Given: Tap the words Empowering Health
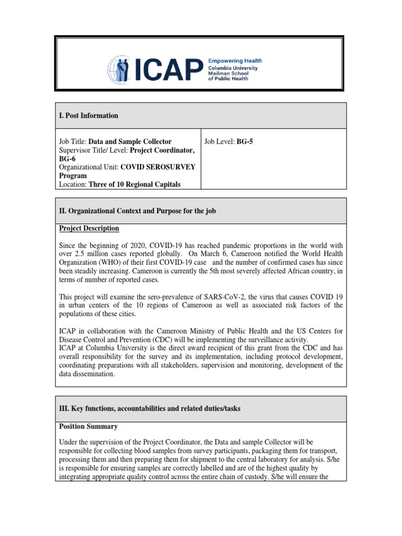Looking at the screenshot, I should (235, 61).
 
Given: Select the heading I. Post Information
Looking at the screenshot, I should (88, 116).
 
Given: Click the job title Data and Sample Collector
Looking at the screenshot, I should (130, 141).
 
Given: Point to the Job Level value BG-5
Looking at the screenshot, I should (244, 141).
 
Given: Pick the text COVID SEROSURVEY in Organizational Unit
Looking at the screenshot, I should (158, 167).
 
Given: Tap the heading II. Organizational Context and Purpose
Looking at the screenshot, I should (137, 211).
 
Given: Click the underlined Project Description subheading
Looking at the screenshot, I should (88, 229).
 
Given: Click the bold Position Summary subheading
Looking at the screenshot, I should (88, 427).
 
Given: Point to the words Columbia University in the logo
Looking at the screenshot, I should (233, 68).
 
